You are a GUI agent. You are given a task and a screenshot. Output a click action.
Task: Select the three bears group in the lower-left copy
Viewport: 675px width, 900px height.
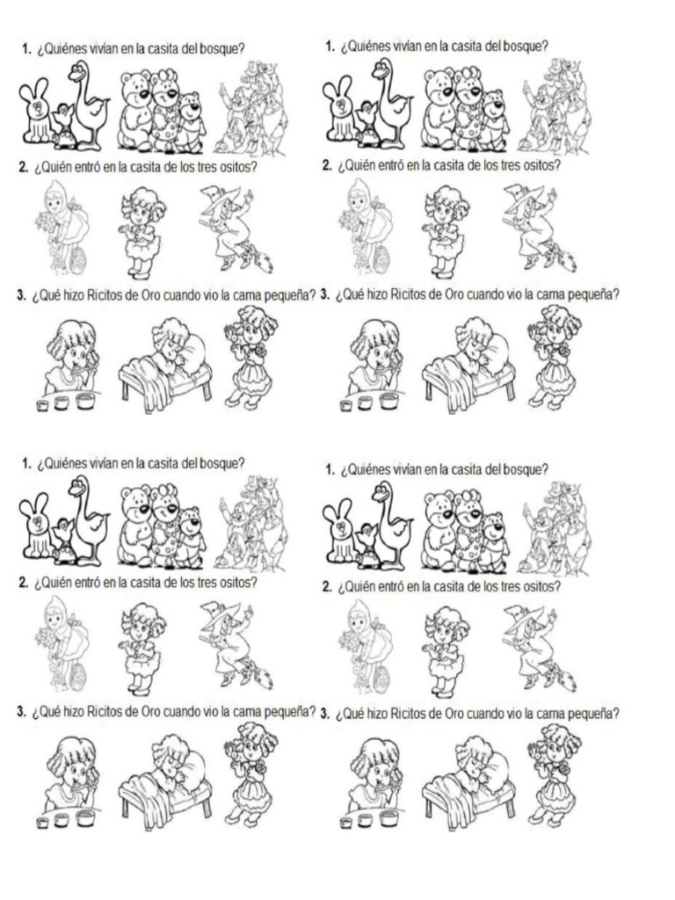162,527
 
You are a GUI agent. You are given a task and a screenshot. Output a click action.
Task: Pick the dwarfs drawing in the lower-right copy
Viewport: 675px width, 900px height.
555,526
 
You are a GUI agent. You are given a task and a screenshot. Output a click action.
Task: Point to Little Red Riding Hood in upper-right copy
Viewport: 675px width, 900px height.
359,223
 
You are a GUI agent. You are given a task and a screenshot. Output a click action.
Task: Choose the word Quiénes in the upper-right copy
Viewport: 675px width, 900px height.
372,46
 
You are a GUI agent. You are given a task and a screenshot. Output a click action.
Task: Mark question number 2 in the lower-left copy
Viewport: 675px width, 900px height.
22,583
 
